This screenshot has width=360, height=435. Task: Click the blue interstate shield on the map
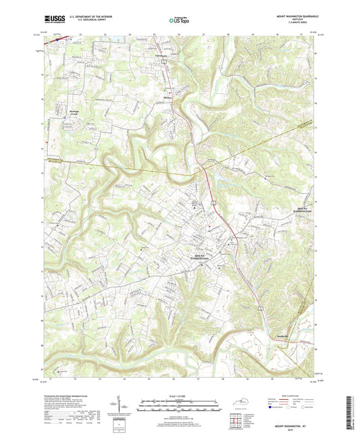point(57,40)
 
